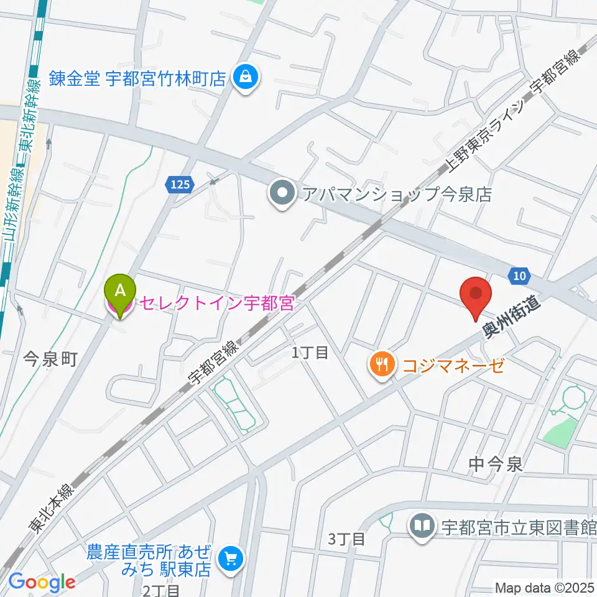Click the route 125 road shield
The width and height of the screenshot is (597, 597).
click(178, 183)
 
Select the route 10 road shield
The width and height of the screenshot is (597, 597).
click(519, 275)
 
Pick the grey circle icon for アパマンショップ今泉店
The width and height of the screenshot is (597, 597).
click(282, 194)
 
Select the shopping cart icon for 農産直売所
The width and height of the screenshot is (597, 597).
click(232, 558)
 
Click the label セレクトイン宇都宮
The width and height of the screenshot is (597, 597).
click(216, 304)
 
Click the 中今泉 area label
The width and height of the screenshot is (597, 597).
click(495, 463)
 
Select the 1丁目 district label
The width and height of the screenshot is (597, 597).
click(310, 353)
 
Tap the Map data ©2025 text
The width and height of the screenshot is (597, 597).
click(544, 587)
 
